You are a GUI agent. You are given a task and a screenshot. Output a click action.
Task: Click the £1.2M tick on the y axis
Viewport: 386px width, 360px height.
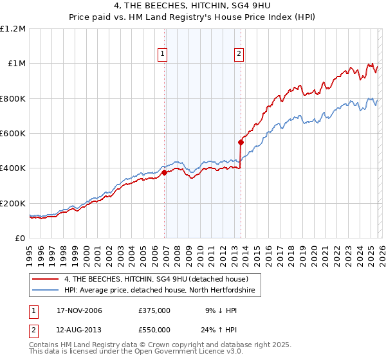pyautogui.click(x=13, y=29)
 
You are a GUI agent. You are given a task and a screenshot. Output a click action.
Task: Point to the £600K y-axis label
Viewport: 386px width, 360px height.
pyautogui.click(x=13, y=134)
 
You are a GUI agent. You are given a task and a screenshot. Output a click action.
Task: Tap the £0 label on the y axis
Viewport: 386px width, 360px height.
pyautogui.click(x=20, y=239)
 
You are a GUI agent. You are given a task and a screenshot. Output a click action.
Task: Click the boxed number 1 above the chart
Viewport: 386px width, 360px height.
pyautogui.click(x=162, y=55)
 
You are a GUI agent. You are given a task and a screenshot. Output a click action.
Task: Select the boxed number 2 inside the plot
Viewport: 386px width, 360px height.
pyautogui.click(x=239, y=55)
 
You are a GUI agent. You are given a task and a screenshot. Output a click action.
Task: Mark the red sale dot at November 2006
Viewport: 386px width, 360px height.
pyautogui.click(x=165, y=172)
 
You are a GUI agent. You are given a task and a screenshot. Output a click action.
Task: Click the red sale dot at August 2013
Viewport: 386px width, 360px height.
pyautogui.click(x=241, y=142)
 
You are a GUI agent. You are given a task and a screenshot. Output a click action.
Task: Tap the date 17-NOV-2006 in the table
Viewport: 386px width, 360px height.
pyautogui.click(x=80, y=310)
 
